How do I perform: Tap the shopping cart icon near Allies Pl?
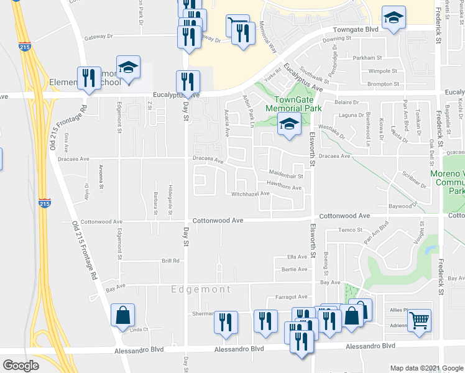[420, 320]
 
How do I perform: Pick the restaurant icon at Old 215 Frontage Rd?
[88, 78]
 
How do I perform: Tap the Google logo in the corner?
[21, 366]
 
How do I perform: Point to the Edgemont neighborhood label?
[201, 289]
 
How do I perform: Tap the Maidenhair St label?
[285, 175]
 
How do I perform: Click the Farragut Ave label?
[292, 297]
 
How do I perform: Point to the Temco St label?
[351, 230]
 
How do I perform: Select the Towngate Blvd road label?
[355, 29]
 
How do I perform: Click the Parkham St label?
[366, 58]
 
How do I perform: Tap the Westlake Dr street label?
[331, 132]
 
